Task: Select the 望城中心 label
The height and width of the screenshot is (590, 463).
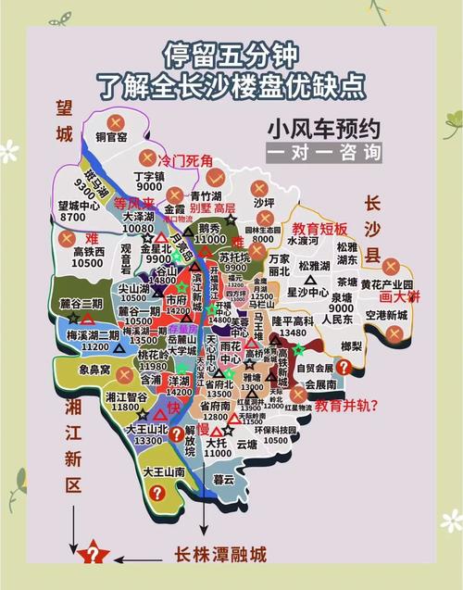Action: (x=79, y=205)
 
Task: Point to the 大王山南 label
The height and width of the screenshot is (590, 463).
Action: (x=165, y=471)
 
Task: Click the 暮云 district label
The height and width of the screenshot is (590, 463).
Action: (x=223, y=479)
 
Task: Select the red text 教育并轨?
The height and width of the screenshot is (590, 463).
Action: (x=346, y=405)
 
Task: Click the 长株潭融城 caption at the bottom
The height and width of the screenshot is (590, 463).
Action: (x=219, y=555)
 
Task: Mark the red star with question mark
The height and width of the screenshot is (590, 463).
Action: (x=92, y=556)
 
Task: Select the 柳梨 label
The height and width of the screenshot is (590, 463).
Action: (x=351, y=345)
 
